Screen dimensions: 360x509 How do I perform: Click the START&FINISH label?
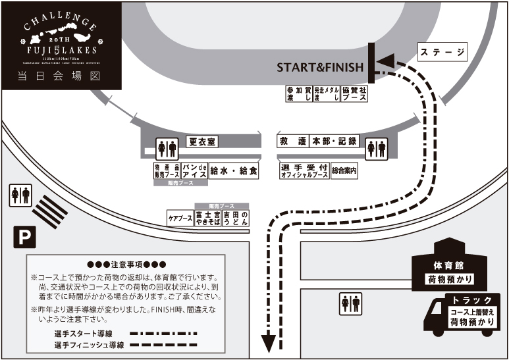[319, 67]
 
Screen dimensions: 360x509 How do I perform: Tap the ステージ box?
[442, 51]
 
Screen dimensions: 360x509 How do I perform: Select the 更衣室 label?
[202, 141]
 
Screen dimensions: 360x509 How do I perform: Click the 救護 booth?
[293, 141]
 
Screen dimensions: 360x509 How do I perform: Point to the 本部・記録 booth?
[334, 141]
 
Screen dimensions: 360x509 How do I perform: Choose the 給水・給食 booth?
[234, 170]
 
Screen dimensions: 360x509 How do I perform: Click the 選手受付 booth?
[304, 171]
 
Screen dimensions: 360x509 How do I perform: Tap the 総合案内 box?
[344, 171]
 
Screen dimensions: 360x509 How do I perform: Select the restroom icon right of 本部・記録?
[376, 148]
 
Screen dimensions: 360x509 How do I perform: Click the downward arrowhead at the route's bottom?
[269, 343]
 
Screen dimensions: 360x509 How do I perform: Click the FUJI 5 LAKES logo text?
[61, 49]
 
